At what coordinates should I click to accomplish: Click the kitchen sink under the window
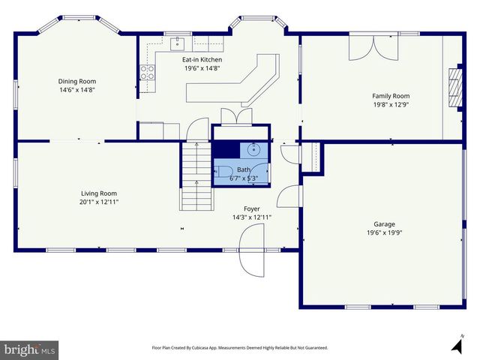click(x=179, y=42)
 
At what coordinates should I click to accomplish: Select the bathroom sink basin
click(x=256, y=148)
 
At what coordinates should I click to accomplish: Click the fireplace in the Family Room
click(x=452, y=88)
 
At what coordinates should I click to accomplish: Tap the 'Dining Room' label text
click(x=77, y=81)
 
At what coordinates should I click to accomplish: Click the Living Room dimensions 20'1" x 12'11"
click(x=99, y=202)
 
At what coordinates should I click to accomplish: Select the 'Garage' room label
click(x=385, y=223)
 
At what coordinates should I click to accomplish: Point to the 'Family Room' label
click(x=391, y=96)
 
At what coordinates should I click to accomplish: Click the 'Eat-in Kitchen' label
click(x=202, y=59)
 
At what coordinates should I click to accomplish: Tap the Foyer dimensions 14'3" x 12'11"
click(x=252, y=217)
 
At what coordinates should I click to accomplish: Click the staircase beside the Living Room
click(x=196, y=176)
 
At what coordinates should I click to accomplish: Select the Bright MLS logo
click(x=29, y=349)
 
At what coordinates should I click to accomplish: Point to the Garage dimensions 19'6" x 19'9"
click(x=385, y=232)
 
